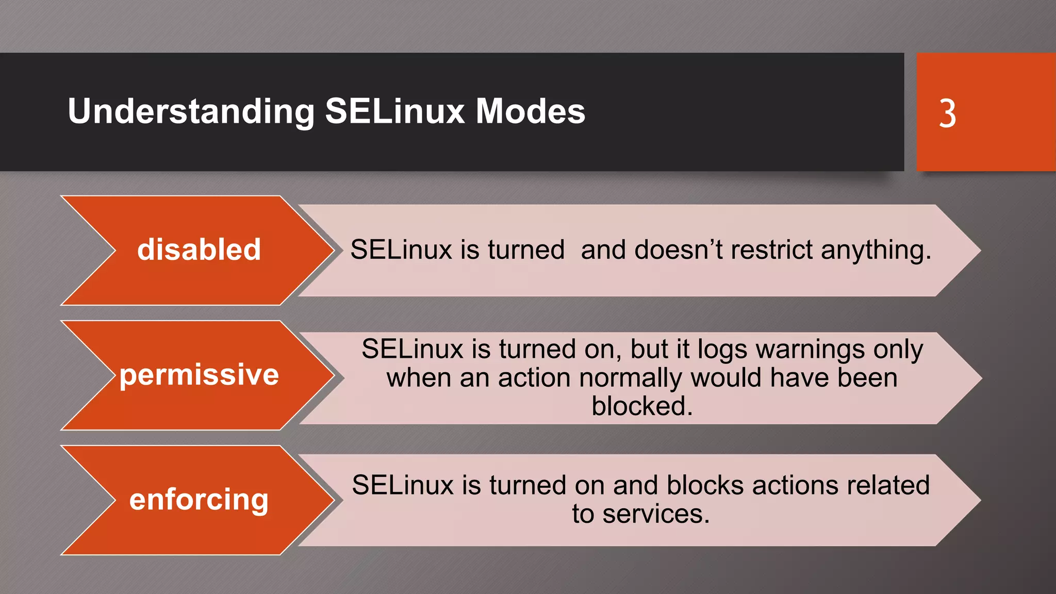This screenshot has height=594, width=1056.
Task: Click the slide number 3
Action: [x=947, y=113]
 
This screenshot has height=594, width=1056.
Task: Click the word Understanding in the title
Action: [x=191, y=111]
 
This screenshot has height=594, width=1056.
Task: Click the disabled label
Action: [x=199, y=250]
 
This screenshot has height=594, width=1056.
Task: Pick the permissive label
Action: [x=199, y=374]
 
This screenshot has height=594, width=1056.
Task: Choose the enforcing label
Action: [x=199, y=500]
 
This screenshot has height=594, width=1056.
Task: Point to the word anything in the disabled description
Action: [x=876, y=251]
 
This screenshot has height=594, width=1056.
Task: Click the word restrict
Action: [x=772, y=250]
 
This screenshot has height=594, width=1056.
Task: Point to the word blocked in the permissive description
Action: [x=641, y=406]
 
